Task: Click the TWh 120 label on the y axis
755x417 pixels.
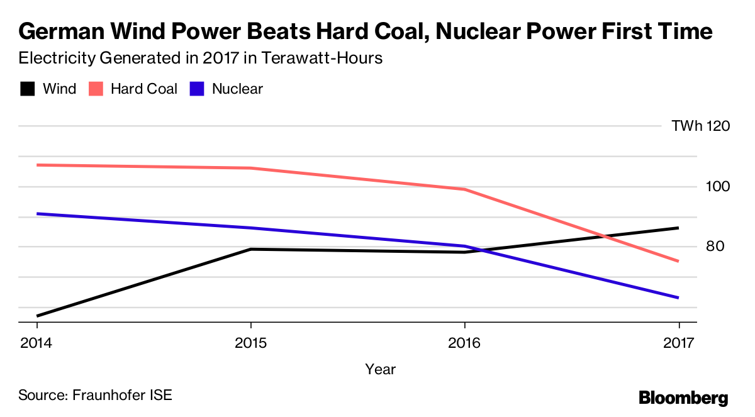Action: (x=700, y=126)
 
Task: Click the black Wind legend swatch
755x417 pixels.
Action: (x=27, y=89)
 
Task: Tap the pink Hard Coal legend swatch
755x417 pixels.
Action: (x=96, y=89)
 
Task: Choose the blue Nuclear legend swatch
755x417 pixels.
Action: (x=197, y=89)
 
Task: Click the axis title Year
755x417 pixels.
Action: (x=380, y=369)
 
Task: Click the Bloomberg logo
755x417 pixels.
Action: (x=683, y=398)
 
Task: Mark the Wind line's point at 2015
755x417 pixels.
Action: (x=250, y=249)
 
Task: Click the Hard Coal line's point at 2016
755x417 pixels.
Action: (x=464, y=189)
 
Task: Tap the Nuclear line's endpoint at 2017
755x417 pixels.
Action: (x=678, y=297)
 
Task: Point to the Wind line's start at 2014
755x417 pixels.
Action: (x=37, y=316)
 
